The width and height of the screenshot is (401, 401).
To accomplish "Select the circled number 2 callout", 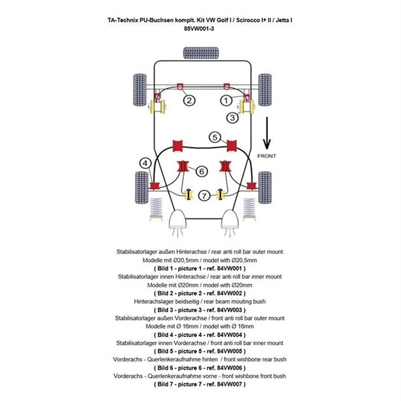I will click(190, 100).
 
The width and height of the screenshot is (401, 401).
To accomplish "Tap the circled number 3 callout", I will click(232, 118).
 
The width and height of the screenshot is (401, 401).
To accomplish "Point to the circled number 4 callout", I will click(145, 162).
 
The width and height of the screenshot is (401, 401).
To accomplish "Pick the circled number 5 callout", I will click(215, 138).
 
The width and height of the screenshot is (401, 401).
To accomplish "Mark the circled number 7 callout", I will click(205, 195).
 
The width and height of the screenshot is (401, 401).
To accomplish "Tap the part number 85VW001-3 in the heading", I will click(200, 29).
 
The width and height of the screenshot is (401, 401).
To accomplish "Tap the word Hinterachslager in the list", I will click(157, 300).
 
